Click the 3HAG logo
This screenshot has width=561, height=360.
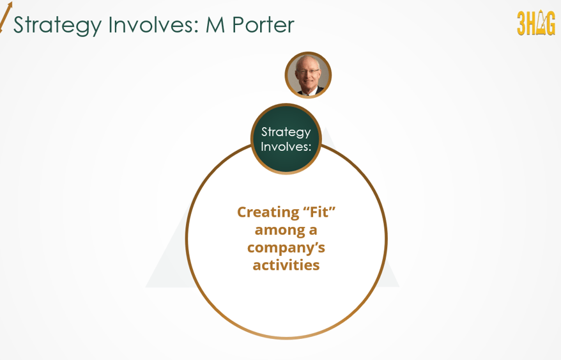(x=535, y=24)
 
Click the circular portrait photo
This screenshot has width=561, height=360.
(x=308, y=75)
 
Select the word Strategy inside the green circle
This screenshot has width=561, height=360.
(x=286, y=132)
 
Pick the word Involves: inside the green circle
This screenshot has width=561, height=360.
(x=286, y=146)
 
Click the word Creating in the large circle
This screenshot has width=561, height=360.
(x=264, y=212)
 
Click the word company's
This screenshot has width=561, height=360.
(x=286, y=247)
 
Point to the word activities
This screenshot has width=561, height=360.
(x=286, y=264)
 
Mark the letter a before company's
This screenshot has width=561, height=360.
(x=312, y=229)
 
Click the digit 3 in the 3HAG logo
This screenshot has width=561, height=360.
(x=521, y=24)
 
